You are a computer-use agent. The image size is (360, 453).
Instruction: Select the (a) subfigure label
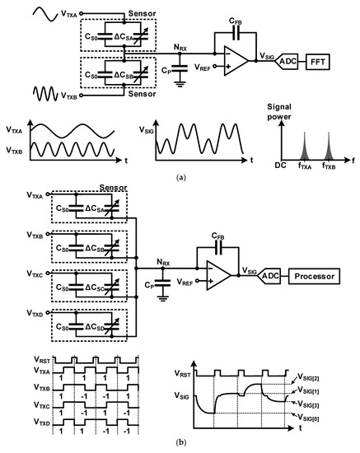(180, 175)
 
